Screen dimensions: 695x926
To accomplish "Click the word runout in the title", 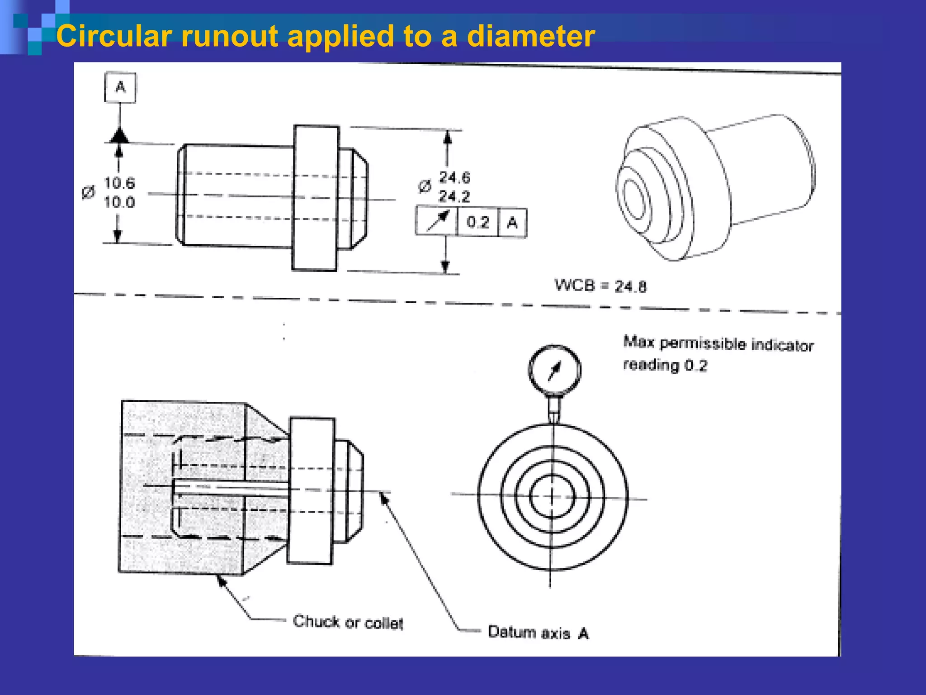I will point(229,36).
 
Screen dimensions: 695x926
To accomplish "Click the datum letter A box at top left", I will point(120,87).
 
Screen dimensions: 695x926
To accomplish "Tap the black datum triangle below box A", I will point(119,136).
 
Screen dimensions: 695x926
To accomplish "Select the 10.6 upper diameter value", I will point(119,183).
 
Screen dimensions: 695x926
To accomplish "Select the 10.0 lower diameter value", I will point(119,202).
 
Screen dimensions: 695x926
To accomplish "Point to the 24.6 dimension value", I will point(455,177).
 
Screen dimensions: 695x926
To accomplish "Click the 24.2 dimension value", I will point(455,196).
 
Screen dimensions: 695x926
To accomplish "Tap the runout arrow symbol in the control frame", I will point(437,221).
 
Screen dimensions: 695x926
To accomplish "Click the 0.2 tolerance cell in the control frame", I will point(478,222).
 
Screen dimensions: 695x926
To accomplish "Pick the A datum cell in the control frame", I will point(512,222).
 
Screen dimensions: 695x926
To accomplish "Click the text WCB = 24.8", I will point(600,286).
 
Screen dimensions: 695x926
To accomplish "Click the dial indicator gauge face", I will point(554,370).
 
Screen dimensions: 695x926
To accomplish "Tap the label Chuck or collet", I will point(347,623).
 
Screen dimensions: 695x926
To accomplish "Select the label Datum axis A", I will point(538,633).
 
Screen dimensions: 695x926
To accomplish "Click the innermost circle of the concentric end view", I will point(552,496).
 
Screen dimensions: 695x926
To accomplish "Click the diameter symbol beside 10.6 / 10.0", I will point(89,192).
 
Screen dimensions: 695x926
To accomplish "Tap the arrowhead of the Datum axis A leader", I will point(383,498).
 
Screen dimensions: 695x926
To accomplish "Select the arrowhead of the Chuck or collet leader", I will point(221,581).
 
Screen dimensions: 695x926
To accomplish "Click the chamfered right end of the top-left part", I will point(360,199).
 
